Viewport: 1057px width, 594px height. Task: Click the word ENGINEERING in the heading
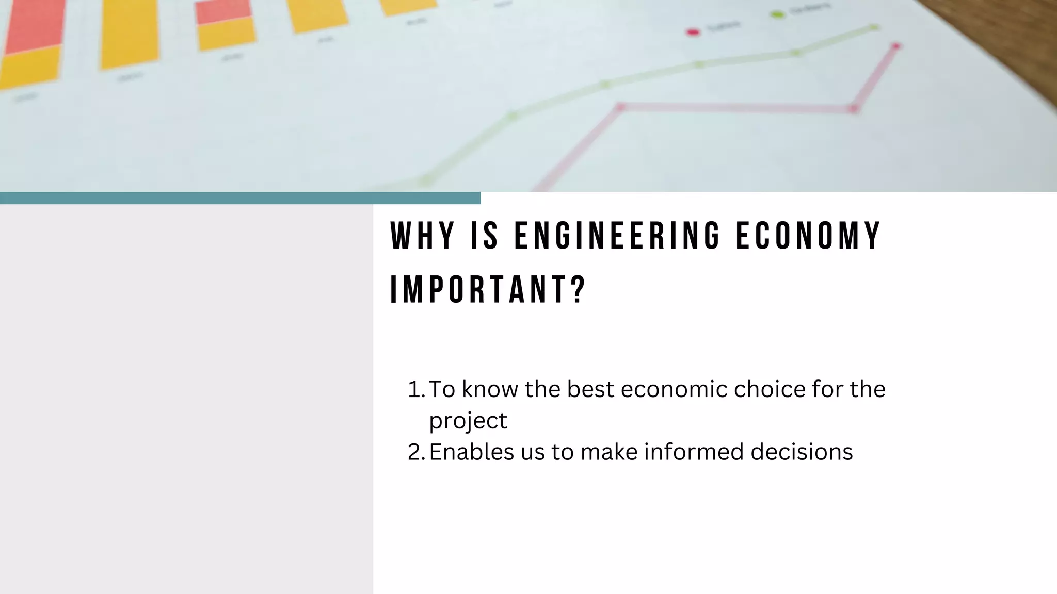coord(617,236)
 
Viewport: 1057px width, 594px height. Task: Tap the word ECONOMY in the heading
coord(808,236)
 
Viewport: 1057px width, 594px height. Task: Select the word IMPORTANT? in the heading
coord(488,290)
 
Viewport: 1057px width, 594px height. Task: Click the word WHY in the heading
coord(422,236)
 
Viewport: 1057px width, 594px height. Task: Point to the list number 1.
coord(415,389)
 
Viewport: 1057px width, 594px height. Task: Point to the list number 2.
coord(415,452)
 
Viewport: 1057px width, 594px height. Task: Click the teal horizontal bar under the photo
coord(240,198)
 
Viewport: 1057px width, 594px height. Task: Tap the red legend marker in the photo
coord(693,32)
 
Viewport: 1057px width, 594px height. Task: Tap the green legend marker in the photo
coord(777,15)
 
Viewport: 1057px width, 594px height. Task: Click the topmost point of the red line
coord(896,46)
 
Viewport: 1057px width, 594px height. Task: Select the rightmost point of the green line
coord(874,27)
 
